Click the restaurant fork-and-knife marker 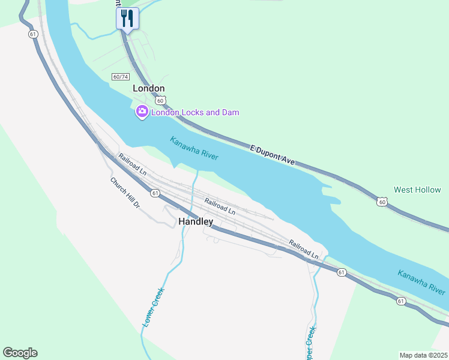(x=127, y=18)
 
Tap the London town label (x=148, y=88)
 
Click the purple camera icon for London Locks (x=142, y=111)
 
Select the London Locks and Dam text (x=195, y=112)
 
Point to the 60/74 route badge (x=120, y=77)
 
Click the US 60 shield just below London (x=161, y=101)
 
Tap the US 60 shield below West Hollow (x=382, y=202)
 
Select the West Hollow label (x=417, y=190)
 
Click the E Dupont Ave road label (x=273, y=154)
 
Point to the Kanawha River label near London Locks (x=193, y=148)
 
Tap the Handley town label (x=196, y=221)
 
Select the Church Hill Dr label (x=125, y=193)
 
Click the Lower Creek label (x=153, y=307)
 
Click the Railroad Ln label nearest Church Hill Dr (x=133, y=164)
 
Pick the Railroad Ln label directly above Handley (x=219, y=206)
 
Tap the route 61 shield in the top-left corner (x=32, y=34)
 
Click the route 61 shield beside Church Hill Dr (x=155, y=193)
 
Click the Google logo (x=20, y=353)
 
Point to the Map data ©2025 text (x=423, y=355)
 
